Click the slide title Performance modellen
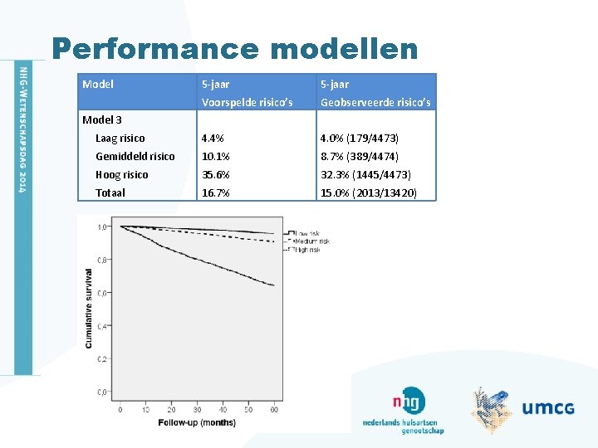(x=234, y=49)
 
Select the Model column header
(x=98, y=84)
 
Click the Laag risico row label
(x=120, y=139)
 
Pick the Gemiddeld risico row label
(x=135, y=157)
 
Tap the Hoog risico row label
(x=121, y=175)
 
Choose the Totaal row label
(x=110, y=192)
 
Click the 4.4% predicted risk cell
(x=213, y=139)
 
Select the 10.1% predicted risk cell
(x=215, y=157)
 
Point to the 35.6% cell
(x=216, y=175)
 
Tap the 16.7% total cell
(x=215, y=192)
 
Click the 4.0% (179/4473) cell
(x=360, y=139)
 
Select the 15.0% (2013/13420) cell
(x=368, y=192)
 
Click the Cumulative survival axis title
(x=88, y=307)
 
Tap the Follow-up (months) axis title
(x=197, y=422)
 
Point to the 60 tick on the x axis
(x=274, y=409)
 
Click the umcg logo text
(x=548, y=407)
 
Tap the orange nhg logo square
(x=410, y=401)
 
